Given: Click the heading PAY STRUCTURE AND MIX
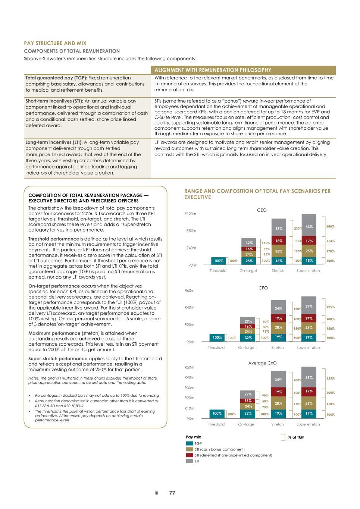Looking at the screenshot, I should click(55, 43).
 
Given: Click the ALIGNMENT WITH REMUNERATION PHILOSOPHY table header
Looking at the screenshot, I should click(213, 70).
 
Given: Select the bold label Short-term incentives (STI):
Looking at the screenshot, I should click(54, 101).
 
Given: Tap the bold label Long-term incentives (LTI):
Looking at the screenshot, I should click(54, 142).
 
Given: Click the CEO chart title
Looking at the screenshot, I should click(262, 210).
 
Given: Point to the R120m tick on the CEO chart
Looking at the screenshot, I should click(190, 214).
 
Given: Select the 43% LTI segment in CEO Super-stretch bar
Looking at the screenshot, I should click(309, 226).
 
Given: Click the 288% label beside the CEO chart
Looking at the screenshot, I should click(331, 226).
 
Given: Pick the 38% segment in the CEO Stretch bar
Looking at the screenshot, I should click(279, 229).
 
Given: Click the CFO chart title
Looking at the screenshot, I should click(263, 288).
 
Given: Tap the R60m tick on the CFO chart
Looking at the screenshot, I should click(190, 290).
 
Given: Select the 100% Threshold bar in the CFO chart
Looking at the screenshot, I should click(217, 337).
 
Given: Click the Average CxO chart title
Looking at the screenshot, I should click(262, 363).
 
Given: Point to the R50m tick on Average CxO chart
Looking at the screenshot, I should click(190, 368).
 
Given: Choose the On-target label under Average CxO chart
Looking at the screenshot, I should click(247, 424).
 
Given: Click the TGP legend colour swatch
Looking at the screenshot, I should click(190, 443).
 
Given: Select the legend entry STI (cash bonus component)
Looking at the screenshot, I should click(219, 449).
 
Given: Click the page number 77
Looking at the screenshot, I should click(172, 493).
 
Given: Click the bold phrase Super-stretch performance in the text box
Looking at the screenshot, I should click(58, 359).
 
